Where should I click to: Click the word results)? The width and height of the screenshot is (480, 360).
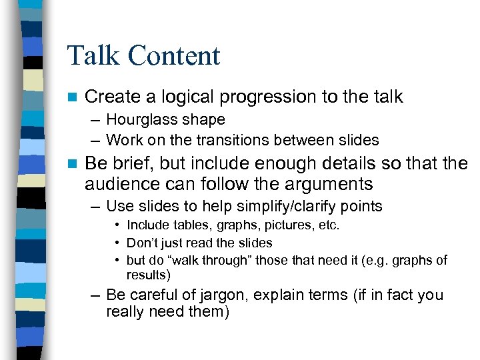pyautogui.click(x=149, y=275)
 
